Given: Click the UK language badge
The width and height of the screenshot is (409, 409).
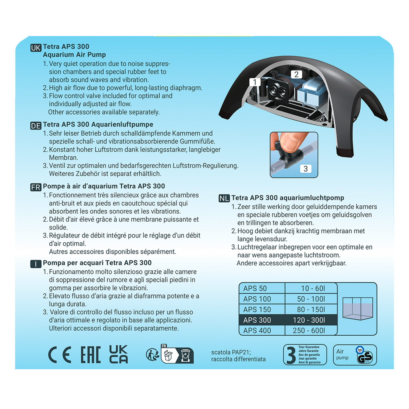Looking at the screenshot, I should [x=36, y=48].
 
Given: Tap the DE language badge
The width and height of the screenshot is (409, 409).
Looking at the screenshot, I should [x=36, y=126].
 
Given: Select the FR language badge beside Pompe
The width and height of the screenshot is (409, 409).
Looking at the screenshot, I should [x=36, y=187].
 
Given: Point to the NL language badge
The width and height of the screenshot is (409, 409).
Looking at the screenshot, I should [x=224, y=199].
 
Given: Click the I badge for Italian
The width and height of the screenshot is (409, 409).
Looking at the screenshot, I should [x=36, y=264].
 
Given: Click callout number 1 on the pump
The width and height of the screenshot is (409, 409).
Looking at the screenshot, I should [x=255, y=82].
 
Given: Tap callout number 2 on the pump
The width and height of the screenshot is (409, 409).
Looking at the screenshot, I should [x=296, y=74].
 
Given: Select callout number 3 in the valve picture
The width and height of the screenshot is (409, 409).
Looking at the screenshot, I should [x=306, y=169].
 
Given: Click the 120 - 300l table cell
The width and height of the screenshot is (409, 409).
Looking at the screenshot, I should [x=311, y=320].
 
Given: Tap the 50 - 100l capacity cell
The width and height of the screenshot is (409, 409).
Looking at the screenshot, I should [x=311, y=299].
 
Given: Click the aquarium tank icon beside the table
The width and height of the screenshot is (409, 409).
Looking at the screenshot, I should [x=357, y=308].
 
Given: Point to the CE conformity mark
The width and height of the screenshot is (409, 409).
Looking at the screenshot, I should [x=60, y=355].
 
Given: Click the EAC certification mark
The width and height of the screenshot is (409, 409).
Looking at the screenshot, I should [x=91, y=355].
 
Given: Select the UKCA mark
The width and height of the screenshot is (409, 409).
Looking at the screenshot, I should [x=118, y=354].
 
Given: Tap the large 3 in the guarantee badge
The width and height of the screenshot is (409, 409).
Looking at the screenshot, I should [x=291, y=355].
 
